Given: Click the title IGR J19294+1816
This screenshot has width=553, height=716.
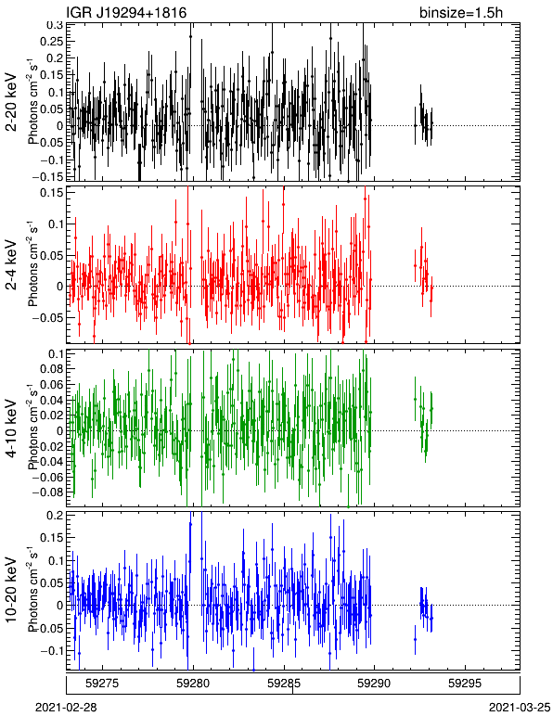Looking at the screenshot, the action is [126, 12].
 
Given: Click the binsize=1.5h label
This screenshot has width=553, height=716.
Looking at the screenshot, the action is [461, 12].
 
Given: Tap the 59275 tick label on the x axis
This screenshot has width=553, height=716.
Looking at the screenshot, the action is [103, 684].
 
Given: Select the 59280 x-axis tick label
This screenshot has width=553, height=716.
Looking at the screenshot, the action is [194, 684].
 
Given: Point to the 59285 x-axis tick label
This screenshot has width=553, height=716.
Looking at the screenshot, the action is [285, 684].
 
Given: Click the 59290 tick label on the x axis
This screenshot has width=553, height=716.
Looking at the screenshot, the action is [375, 684].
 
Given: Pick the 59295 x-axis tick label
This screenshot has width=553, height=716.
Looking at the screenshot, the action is [466, 684].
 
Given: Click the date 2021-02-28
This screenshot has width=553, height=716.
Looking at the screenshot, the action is [66, 708].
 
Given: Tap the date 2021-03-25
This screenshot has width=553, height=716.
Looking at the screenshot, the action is [520, 708].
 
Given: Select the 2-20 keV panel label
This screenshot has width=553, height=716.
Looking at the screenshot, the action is [11, 102].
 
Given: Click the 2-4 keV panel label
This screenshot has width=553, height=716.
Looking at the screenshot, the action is [11, 265].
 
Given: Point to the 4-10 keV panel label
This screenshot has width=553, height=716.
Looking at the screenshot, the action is [11, 428].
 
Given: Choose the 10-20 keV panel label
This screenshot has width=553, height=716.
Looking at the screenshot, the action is [11, 590].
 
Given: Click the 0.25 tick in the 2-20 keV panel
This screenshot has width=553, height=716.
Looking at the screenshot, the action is [51, 41].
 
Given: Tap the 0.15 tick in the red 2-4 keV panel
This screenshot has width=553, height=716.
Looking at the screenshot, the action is [51, 192].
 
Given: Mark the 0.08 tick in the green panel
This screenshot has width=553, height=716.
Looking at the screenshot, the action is [51, 369].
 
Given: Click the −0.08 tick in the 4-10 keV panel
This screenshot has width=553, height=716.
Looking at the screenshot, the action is [47, 492].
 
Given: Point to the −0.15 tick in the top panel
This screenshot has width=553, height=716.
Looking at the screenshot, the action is [47, 176].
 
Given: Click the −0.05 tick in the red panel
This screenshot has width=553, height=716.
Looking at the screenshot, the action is [47, 318].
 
